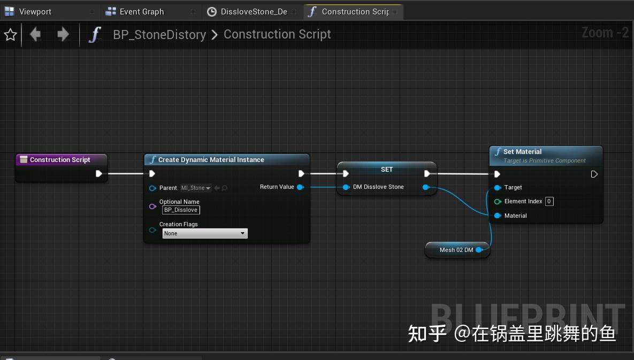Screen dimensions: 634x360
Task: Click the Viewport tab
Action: pyautogui.click(x=34, y=11)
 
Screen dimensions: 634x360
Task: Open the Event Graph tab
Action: pyautogui.click(x=141, y=11)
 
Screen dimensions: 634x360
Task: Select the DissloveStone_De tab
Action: pyautogui.click(x=253, y=11)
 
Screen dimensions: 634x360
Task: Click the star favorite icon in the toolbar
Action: pyautogui.click(x=10, y=35)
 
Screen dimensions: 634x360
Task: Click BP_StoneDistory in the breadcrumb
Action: pyautogui.click(x=159, y=35)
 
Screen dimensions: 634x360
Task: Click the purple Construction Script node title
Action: pyautogui.click(x=60, y=159)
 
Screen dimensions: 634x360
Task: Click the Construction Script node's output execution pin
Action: pyautogui.click(x=99, y=173)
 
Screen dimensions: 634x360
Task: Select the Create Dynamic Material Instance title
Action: pyautogui.click(x=211, y=159)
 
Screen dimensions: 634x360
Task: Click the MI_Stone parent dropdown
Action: pyautogui.click(x=196, y=188)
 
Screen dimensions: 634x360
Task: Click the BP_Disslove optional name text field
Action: pyautogui.click(x=181, y=210)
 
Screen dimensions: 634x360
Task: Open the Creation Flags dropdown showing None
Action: pyautogui.click(x=205, y=233)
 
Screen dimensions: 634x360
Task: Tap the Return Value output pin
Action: pyautogui.click(x=300, y=187)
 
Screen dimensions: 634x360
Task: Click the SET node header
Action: pyautogui.click(x=386, y=169)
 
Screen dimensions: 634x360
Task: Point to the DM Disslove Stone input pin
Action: pyautogui.click(x=346, y=187)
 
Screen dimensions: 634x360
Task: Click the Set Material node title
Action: pyautogui.click(x=522, y=151)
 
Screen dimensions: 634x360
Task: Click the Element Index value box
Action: pyautogui.click(x=549, y=202)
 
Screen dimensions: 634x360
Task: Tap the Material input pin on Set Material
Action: pyautogui.click(x=498, y=216)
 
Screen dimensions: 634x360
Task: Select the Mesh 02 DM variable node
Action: pyautogui.click(x=456, y=250)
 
